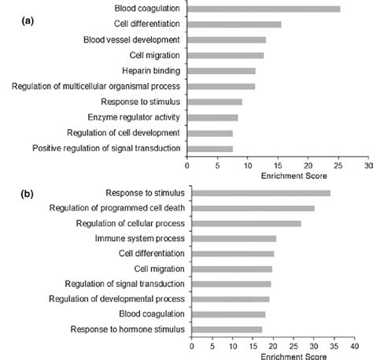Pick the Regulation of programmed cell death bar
coord(253,208)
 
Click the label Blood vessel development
coord(131,39)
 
